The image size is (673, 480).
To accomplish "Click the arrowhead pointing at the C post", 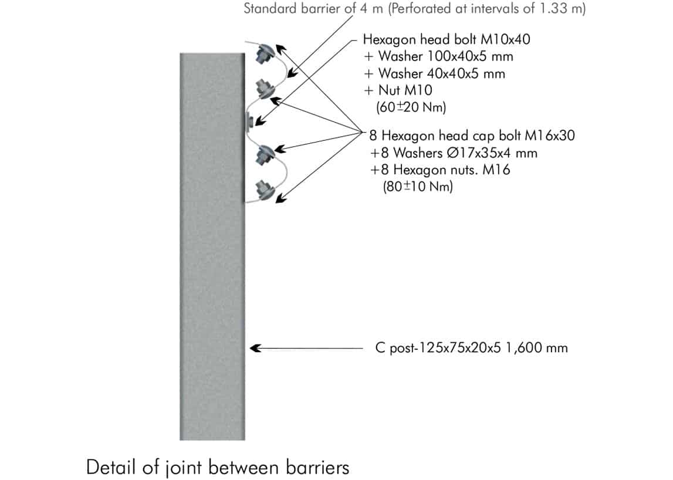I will (254, 348).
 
